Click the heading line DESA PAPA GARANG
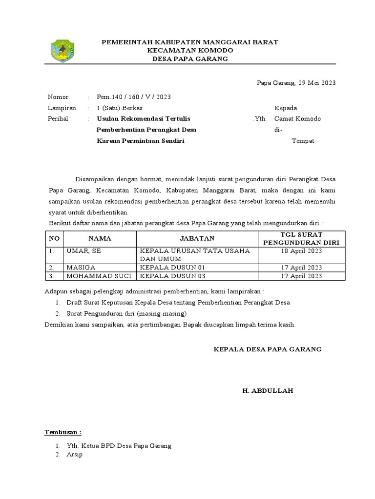click(x=190, y=59)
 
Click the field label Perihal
click(x=58, y=118)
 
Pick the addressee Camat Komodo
click(x=297, y=118)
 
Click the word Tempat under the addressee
click(x=303, y=141)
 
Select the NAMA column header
click(x=100, y=238)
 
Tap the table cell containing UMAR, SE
click(x=83, y=250)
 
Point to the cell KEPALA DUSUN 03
click(x=173, y=276)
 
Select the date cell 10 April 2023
click(x=301, y=250)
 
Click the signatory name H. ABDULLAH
click(x=268, y=391)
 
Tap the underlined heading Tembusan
click(x=63, y=432)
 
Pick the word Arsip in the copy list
click(x=75, y=455)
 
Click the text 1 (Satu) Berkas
click(x=120, y=108)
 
